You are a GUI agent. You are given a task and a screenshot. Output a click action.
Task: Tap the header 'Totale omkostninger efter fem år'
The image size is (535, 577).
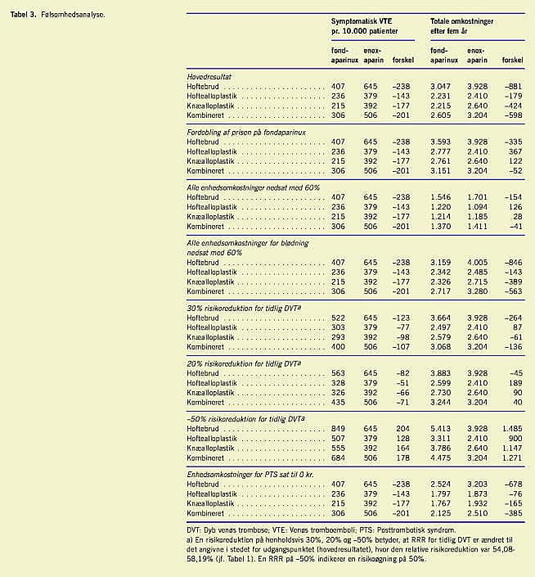[x=464, y=25]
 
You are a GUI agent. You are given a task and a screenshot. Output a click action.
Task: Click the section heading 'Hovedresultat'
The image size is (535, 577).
[x=211, y=75]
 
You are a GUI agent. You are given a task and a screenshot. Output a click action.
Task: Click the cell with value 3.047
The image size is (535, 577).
[x=440, y=86]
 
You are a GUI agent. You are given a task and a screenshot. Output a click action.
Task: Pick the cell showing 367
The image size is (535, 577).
[x=515, y=151]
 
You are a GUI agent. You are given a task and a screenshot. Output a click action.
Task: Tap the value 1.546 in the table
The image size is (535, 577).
[x=440, y=198]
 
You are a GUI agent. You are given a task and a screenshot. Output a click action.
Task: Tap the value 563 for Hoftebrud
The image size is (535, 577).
[x=339, y=371]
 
